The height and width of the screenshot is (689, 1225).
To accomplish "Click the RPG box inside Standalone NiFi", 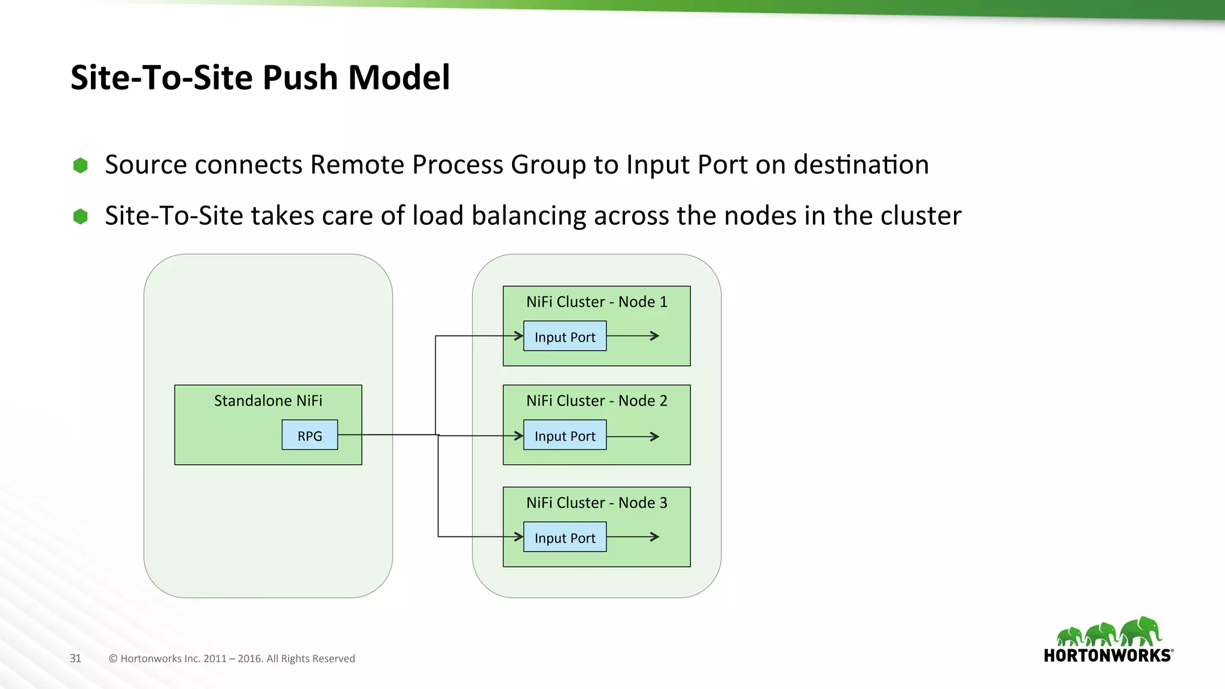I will pos(309,435).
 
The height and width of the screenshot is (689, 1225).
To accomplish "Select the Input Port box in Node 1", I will pos(565,336).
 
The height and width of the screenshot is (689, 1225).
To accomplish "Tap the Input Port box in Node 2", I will pos(565,435).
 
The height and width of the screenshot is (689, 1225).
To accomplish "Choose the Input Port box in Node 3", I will pos(565,537).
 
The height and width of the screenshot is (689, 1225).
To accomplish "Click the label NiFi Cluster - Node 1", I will pos(596,302).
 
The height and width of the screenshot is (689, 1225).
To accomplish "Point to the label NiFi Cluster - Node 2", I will pos(596,401).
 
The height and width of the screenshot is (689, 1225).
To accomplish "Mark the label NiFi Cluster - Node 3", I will pos(596,503).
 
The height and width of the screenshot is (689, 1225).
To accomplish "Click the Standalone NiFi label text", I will pos(268,401).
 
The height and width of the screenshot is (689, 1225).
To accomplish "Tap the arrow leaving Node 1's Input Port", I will pos(634,336).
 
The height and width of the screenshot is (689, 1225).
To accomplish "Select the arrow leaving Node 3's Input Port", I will pos(634,537).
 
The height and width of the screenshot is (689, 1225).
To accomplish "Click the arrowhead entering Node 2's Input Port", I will pos(519,436).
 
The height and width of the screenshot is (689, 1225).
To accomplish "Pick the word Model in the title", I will pos(398,78).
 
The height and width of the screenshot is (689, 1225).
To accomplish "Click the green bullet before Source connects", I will pos(80,166).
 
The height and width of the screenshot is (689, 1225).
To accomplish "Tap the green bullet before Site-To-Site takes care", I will pos(80,217).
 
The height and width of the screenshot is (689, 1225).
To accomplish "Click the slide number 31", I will pos(75,658).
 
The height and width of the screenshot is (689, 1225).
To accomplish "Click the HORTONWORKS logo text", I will pos(1107,656).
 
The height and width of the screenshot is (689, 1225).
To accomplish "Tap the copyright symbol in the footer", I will pos(113,658).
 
